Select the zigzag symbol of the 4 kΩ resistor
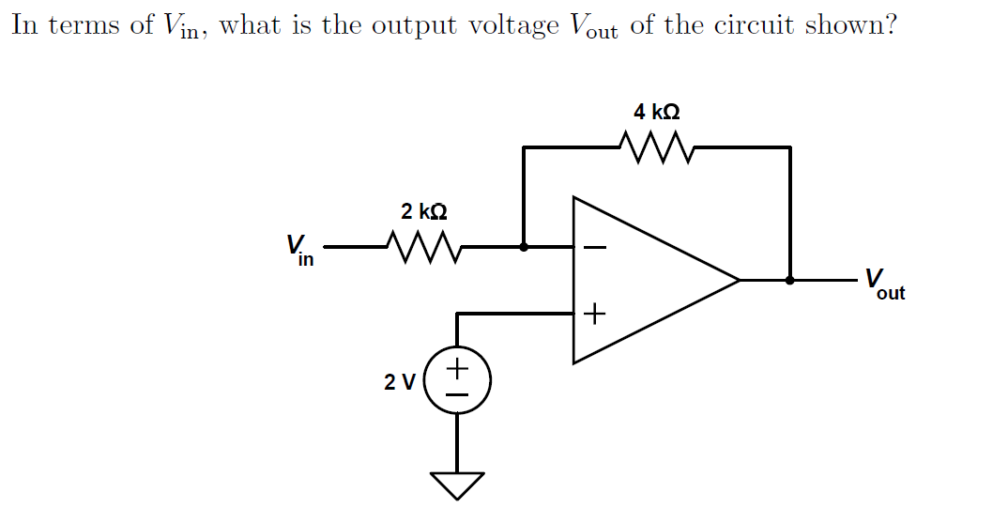[656, 146]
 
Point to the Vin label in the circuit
[299, 250]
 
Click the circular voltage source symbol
[457, 382]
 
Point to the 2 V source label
[399, 382]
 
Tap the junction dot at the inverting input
[524, 248]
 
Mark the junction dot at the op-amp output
[789, 280]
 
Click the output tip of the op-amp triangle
[739, 280]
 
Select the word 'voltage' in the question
[513, 26]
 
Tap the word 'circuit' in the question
[754, 25]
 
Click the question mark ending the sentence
[888, 24]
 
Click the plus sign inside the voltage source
[457, 367]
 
